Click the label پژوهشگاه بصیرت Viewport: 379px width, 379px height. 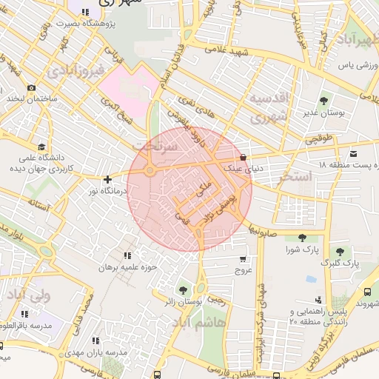click(49, 24)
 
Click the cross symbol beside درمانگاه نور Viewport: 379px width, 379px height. click(108, 178)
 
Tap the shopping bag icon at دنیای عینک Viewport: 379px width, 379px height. click(244, 156)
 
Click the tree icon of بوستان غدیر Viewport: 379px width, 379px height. click(323, 101)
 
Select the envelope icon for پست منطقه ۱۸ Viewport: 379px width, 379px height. click(353, 153)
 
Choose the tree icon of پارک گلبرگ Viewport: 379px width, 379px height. click(341, 252)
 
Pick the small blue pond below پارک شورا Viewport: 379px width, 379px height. click(311, 279)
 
